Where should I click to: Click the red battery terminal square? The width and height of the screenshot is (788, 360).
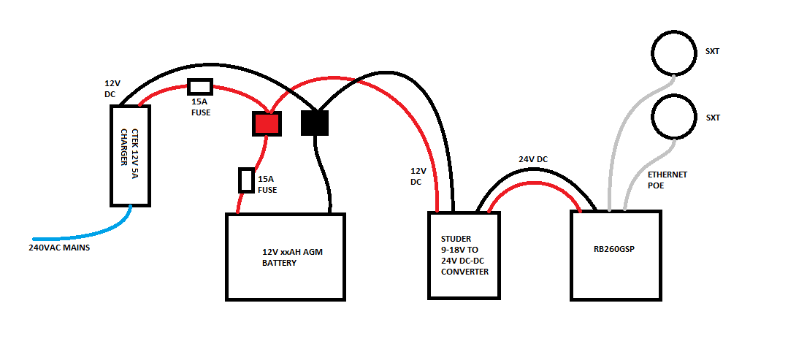tap(267, 124)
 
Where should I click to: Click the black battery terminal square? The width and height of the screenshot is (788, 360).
tap(315, 123)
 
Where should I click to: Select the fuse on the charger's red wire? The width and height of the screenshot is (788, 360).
tap(199, 87)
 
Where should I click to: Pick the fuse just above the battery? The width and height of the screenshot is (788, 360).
tap(246, 180)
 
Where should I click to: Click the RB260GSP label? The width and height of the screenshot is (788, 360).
tap(614, 249)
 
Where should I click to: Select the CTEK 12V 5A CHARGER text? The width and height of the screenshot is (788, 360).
tap(129, 156)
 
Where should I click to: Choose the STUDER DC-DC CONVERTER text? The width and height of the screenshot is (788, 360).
tap(464, 255)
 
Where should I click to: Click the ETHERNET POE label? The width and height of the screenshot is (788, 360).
tap(667, 180)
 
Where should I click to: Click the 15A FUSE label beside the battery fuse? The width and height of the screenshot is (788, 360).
tap(267, 184)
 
